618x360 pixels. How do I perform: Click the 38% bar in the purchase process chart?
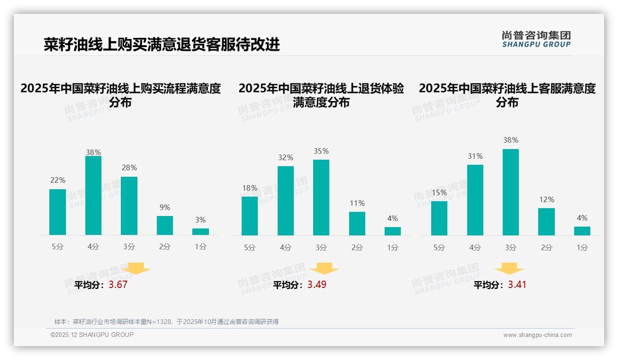tap(93, 196)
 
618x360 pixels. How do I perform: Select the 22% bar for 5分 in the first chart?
tap(58, 212)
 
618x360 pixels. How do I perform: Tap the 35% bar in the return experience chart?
tap(321, 198)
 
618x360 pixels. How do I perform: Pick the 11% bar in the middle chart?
tap(357, 223)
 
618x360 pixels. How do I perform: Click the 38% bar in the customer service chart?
tap(511, 192)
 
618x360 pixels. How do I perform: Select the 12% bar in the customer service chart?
tap(547, 222)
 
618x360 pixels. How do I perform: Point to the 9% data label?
tap(165, 208)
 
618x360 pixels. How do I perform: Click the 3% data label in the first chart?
tap(200, 220)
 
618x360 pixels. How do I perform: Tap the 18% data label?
tap(250, 188)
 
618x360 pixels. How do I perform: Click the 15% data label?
tap(439, 192)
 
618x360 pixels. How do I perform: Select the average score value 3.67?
tap(118, 285)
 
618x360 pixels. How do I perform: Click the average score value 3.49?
tap(317, 285)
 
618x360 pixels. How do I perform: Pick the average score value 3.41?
tap(517, 285)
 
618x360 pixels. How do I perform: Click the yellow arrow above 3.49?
tap(324, 269)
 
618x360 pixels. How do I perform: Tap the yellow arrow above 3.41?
tap(509, 269)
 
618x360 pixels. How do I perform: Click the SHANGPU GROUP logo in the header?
tap(536, 39)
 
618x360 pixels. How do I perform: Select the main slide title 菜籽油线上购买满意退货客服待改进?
tap(161, 45)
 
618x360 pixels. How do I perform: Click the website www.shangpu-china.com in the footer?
tap(537, 335)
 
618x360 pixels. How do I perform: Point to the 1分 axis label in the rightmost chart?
tap(582, 248)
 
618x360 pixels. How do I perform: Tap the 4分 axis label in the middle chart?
tap(285, 248)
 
